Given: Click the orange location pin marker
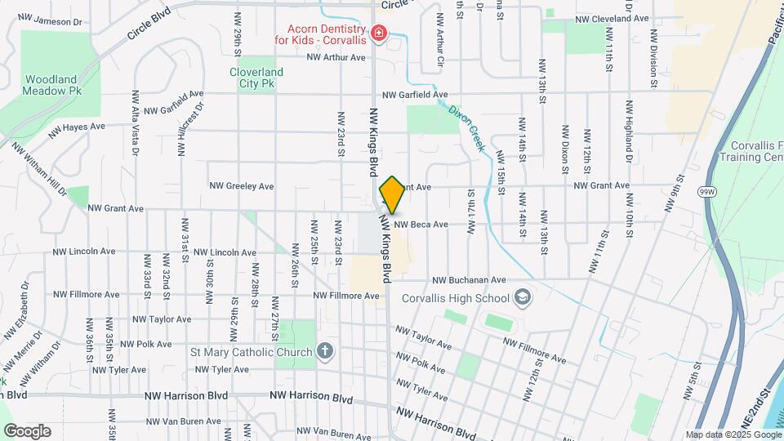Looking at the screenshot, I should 392,195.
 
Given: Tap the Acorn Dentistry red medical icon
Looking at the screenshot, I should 378,33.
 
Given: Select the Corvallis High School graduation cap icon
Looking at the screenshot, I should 523,298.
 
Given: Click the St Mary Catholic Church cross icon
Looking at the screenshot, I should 324,352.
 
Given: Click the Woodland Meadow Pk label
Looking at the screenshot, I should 51,84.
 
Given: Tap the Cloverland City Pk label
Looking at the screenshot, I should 256,77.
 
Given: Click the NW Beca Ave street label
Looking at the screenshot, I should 421,225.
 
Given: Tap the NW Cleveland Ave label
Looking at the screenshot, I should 612,17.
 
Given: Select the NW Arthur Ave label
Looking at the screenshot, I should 336,57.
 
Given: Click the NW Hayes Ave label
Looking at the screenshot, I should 77,128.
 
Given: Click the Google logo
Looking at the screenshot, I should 27,431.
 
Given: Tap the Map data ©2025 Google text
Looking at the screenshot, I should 732,435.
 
